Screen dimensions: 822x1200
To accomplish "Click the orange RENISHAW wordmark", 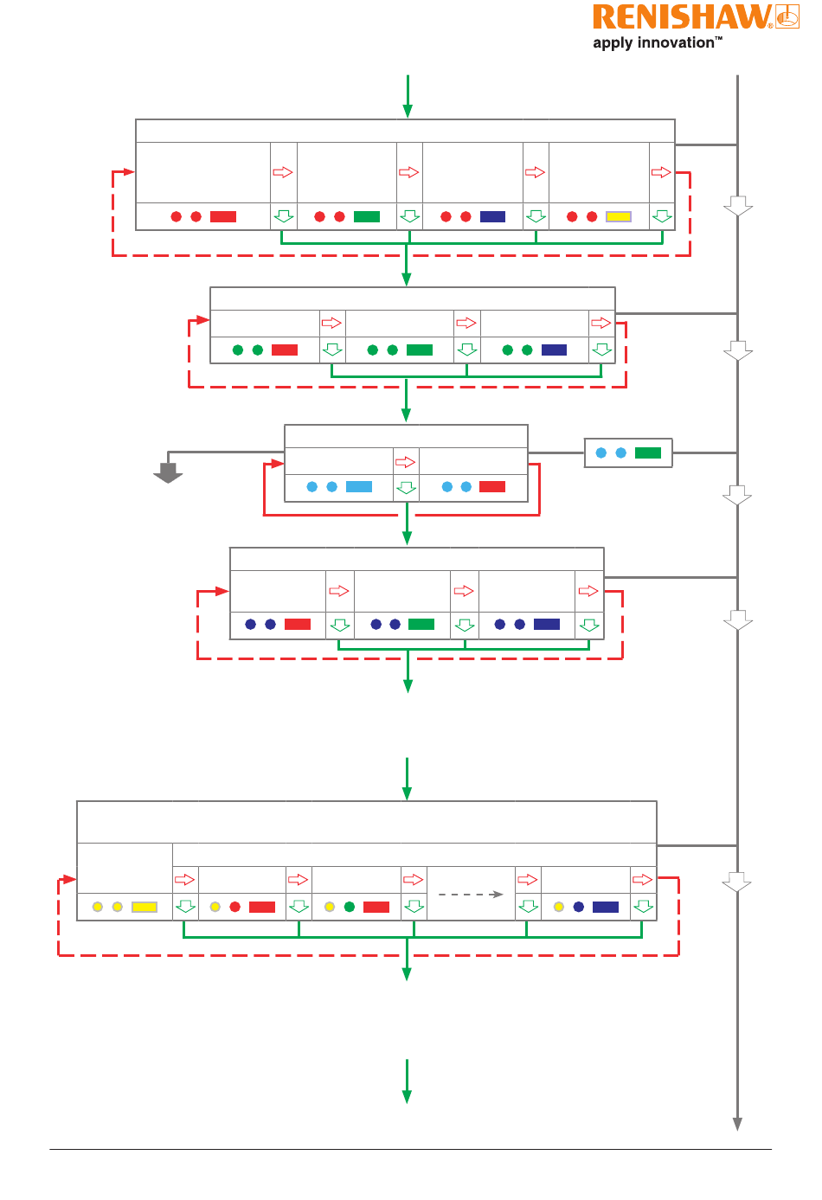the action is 682,16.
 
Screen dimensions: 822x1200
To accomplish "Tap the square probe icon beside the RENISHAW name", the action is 787,16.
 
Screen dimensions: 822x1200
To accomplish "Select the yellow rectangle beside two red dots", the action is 619,216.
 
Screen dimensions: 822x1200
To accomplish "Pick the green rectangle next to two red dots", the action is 367,216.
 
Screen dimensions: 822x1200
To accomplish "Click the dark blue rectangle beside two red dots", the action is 492,216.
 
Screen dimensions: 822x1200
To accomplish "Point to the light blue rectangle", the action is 359,486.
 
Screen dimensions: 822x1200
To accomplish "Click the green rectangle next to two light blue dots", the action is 648,452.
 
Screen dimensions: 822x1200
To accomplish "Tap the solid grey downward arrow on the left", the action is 168,472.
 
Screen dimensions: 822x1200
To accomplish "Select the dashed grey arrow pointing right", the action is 471,894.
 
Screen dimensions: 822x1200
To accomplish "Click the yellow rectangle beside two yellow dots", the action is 144,907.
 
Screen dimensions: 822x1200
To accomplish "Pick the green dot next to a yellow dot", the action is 350,907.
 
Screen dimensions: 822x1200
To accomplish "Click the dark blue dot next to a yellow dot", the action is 578,907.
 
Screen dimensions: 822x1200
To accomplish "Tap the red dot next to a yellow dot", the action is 234,907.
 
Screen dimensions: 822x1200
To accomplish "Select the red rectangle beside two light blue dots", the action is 492,486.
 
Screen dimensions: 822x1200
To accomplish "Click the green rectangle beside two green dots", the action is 420,350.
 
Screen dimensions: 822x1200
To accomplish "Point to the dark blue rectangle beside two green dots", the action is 554,350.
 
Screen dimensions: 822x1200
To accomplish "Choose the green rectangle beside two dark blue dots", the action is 421,624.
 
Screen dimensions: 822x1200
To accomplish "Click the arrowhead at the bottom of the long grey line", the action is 737,1124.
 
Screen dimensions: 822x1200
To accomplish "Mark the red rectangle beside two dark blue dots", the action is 298,624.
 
